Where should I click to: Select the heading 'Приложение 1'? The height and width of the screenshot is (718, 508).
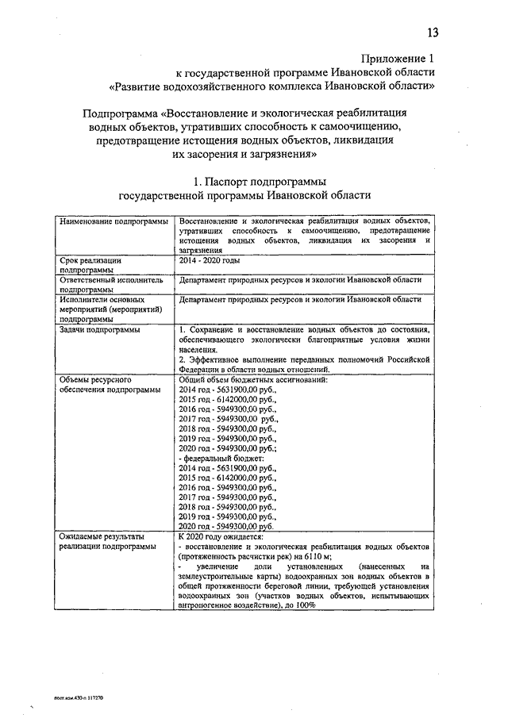tap(398, 59)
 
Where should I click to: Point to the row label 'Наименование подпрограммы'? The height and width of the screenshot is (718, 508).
tap(114, 219)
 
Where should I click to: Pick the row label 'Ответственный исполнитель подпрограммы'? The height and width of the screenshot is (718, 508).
tap(111, 284)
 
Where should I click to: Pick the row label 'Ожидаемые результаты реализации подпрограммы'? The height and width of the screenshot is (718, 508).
tap(103, 542)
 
